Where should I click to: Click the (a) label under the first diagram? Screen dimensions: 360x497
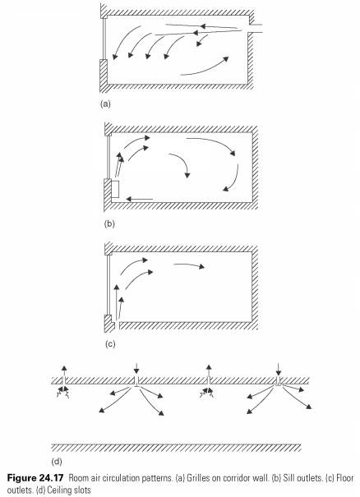[105, 104]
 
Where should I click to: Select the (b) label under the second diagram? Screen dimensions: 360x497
[109, 223]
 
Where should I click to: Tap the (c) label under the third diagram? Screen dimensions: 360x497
[110, 344]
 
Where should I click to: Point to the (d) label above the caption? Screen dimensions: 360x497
[57, 462]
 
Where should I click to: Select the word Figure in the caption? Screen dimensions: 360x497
[21, 478]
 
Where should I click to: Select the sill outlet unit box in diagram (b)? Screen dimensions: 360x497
[115, 189]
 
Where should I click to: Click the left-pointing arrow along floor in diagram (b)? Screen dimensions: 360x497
[140, 199]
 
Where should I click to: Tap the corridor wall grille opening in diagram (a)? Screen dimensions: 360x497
[256, 28]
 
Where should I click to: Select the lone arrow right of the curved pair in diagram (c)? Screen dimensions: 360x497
[189, 265]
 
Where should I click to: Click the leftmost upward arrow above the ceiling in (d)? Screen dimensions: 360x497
[64, 370]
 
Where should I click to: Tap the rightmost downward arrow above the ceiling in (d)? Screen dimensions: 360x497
[278, 370]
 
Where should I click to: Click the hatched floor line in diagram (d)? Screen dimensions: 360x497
[177, 448]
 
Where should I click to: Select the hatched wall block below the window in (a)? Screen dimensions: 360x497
[104, 76]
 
